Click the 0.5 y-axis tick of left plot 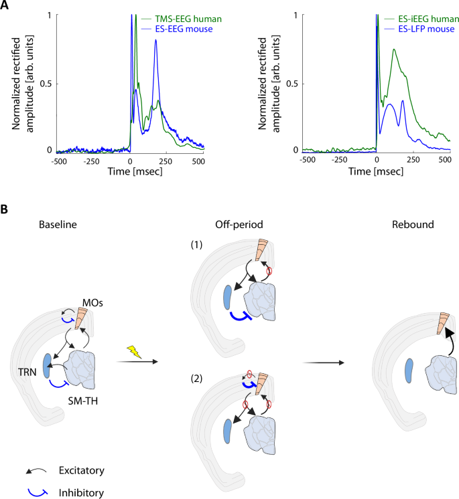point(44,84)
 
